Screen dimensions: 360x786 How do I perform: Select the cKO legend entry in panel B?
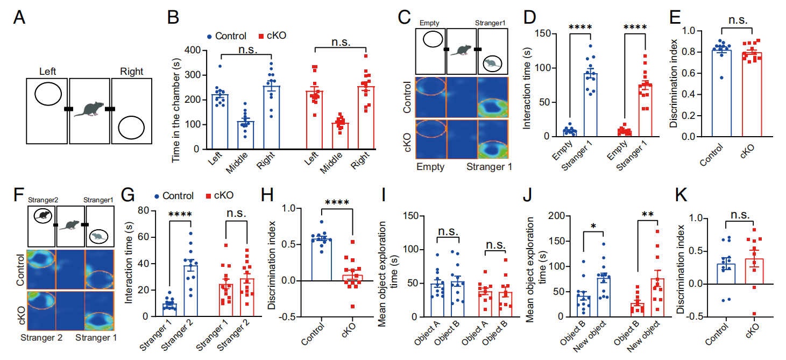(x=273, y=36)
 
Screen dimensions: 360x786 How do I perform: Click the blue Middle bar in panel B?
(x=246, y=135)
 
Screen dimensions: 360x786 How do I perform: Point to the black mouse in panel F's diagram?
(x=42, y=216)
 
